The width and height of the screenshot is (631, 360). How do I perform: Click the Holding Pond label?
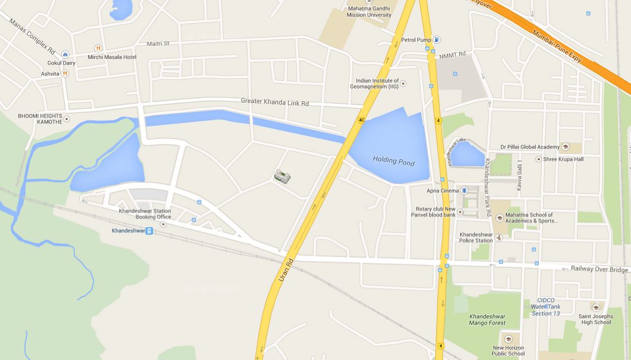393,161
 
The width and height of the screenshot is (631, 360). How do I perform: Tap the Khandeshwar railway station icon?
149,231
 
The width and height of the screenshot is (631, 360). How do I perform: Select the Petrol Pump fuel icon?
437,40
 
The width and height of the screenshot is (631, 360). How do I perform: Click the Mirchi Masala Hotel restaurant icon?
98,48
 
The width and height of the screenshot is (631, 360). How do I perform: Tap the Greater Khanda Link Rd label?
275,102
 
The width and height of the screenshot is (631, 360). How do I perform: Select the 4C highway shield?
361,120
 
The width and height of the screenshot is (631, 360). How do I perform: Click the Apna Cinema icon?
465,190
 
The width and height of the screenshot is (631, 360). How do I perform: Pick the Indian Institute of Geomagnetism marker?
404,83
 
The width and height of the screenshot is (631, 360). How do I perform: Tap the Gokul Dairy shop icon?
65,54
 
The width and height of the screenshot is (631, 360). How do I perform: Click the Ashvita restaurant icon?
65,73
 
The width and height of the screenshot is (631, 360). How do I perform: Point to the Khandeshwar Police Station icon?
499,238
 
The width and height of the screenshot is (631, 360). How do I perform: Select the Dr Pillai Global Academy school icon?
566,147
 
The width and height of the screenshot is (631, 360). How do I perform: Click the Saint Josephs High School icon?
596,307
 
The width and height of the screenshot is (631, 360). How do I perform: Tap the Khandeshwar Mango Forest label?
487,319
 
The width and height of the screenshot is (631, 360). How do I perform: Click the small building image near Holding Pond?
282,176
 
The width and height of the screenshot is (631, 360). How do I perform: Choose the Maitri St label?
158,43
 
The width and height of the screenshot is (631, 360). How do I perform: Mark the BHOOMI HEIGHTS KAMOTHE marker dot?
67,119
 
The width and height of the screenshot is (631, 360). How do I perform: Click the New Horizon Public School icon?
508,339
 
